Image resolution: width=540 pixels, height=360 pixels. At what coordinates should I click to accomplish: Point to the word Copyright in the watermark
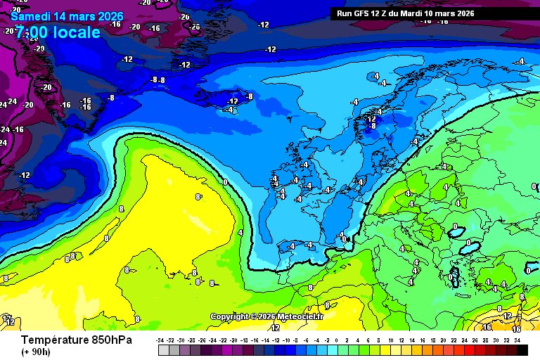[233, 316]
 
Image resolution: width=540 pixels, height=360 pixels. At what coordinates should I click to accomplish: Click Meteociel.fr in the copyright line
[300, 316]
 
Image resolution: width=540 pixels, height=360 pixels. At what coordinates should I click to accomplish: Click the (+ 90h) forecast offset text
[36, 352]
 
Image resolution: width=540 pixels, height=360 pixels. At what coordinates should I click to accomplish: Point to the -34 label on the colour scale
[160, 340]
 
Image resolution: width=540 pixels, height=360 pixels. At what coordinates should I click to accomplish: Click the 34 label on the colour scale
[517, 340]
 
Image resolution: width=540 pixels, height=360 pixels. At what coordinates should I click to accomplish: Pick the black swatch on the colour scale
[517, 349]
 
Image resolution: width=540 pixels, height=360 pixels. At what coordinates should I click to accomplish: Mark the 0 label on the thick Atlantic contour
[225, 182]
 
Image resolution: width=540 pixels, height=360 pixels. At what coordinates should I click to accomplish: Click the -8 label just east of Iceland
[249, 96]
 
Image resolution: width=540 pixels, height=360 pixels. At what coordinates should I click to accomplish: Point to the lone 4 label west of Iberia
[240, 232]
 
